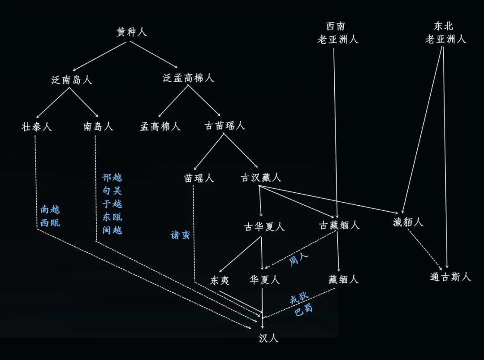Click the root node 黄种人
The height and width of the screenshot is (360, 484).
click(131, 32)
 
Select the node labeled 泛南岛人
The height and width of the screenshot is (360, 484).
click(72, 80)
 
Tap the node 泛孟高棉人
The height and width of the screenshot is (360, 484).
click(188, 78)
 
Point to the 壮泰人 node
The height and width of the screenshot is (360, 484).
click(36, 126)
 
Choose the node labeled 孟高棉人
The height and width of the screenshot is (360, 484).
click(160, 126)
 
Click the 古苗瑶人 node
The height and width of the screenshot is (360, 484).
click(225, 126)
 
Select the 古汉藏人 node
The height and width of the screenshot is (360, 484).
click(261, 178)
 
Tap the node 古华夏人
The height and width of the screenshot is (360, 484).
click(264, 227)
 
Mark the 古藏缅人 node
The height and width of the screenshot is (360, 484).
click(339, 225)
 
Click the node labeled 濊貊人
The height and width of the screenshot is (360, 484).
click(408, 222)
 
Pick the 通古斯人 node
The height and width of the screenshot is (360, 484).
click(450, 277)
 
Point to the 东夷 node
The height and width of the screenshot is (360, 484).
click(220, 280)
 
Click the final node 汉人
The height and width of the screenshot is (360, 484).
click(268, 338)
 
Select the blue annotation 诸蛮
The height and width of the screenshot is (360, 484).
click(180, 235)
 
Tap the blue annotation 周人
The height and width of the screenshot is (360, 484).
click(298, 259)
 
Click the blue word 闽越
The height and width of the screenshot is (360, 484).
click(112, 230)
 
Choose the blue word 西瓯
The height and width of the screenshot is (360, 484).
click(50, 222)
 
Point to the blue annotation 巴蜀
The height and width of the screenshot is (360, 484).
click(303, 310)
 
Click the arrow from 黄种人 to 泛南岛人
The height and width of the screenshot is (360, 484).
click(99, 56)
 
